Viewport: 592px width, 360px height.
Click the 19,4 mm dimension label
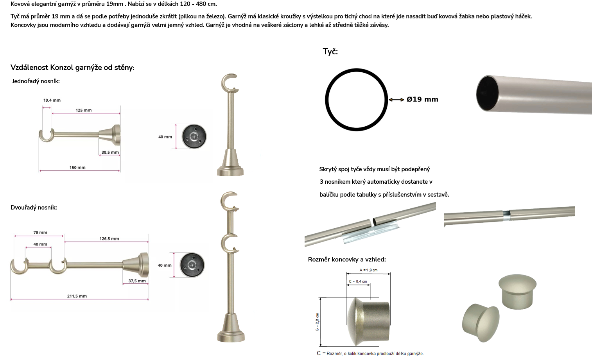(x=52, y=100)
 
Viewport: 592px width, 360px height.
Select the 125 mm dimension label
(x=84, y=110)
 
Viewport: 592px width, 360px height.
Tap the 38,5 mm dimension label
(x=110, y=152)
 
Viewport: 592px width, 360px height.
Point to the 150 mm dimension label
(x=77, y=167)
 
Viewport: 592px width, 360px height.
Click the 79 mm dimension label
(x=40, y=233)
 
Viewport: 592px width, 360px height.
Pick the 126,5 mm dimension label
(x=109, y=238)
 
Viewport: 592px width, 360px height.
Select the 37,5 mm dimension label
(x=137, y=281)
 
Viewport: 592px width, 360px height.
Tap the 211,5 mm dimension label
(x=77, y=296)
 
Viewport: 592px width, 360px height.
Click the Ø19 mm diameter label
(x=422, y=99)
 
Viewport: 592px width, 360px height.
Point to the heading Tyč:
(x=330, y=52)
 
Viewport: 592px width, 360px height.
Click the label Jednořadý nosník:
(x=36, y=81)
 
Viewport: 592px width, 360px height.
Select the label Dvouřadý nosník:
(x=34, y=208)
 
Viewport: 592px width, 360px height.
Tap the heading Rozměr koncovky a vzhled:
(x=347, y=260)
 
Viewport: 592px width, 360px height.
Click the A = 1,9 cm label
(x=368, y=270)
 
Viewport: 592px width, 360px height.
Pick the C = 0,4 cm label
(x=358, y=281)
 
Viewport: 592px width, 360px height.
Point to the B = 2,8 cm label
(x=317, y=322)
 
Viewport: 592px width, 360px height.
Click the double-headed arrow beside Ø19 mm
(x=396, y=100)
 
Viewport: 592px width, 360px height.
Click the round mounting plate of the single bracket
(x=194, y=136)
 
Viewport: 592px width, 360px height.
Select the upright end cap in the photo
(x=517, y=292)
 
